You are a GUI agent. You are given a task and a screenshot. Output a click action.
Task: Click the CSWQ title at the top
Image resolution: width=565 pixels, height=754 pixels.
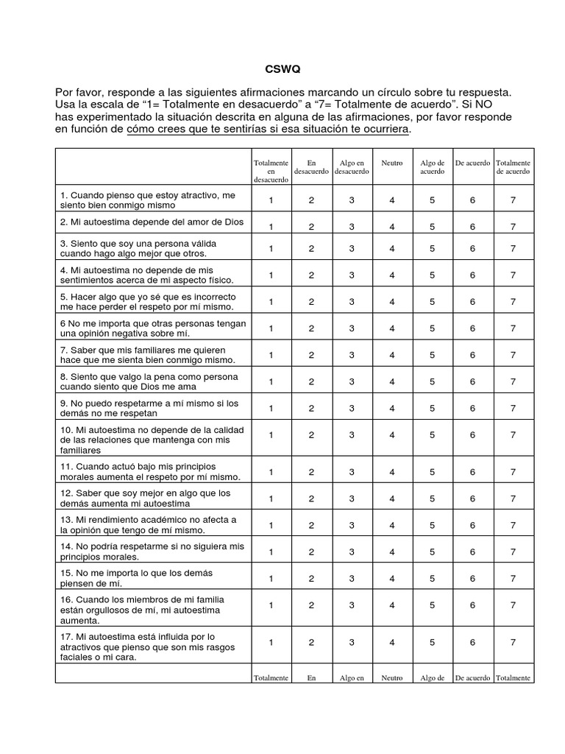point(282,70)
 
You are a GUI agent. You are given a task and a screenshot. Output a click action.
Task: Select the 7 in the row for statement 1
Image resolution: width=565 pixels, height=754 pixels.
point(513,200)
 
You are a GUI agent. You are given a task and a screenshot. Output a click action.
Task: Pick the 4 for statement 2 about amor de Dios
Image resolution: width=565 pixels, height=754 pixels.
point(392,227)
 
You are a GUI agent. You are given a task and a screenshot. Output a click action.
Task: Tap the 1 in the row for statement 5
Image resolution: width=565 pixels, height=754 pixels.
point(271,302)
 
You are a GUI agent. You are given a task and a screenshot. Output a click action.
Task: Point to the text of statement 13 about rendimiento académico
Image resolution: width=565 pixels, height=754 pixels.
point(149,524)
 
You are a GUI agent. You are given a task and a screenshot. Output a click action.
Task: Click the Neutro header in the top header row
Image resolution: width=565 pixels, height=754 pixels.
point(392,163)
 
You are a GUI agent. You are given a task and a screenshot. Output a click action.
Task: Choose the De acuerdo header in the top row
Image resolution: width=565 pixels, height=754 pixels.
point(472,163)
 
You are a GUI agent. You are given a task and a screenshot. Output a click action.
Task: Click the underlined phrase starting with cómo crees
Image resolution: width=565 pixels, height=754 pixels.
point(268,130)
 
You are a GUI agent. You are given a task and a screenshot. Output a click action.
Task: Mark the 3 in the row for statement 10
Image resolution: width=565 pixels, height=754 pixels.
point(352,435)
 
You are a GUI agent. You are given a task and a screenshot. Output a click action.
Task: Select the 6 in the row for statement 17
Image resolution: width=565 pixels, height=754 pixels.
point(472,642)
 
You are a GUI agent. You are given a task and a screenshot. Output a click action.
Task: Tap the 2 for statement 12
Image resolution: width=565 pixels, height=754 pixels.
point(311,498)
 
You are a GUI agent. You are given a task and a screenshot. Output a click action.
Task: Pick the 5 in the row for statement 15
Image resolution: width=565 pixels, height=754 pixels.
point(433,578)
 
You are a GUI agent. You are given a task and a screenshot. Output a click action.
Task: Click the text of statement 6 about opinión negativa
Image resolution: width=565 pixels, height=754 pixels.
point(153,328)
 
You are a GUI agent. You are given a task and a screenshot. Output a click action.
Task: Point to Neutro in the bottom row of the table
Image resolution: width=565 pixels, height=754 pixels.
point(392,677)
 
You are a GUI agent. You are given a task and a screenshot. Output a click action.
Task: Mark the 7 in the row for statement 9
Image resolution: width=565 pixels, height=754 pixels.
point(513,408)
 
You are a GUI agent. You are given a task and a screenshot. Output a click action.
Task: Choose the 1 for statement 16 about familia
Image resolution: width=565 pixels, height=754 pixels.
point(271,605)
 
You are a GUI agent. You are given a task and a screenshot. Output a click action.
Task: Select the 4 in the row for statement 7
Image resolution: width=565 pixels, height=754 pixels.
point(392,355)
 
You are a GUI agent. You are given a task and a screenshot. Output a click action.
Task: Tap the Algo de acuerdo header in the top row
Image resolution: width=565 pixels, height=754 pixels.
point(433,167)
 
